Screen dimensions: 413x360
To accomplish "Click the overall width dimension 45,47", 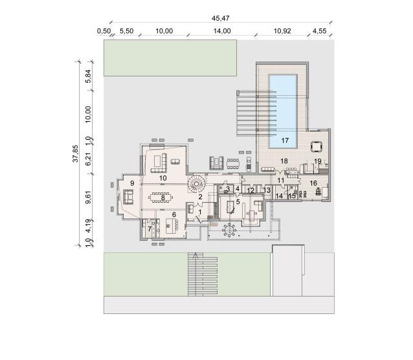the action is tap(221, 18).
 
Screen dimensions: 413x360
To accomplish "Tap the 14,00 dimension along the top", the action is tap(222, 31).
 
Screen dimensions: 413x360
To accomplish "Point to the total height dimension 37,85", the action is tap(76, 153).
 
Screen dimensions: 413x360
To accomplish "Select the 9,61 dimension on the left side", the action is tap(88, 197).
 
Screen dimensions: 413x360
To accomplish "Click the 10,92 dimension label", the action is tap(282, 31).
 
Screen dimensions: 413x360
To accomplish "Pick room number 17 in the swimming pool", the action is tap(285, 141).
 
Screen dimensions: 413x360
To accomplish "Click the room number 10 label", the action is tap(162, 178).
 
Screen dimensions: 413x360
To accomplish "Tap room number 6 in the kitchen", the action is tap(174, 215).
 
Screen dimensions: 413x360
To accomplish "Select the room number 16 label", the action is tap(313, 183).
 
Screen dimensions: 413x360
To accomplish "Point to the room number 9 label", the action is tap(132, 183).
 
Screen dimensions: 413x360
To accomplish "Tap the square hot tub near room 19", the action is tap(317, 147).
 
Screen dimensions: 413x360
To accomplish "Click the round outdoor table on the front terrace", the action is tap(229, 230).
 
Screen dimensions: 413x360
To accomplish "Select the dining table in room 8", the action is tap(161, 197).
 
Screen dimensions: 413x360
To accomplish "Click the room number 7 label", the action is tap(150, 229).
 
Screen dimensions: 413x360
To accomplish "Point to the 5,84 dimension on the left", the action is tap(88, 76).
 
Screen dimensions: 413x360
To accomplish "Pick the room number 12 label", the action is tap(251, 190).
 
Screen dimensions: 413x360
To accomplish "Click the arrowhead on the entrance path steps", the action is tap(195, 255).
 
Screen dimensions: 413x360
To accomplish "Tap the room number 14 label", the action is tap(279, 196).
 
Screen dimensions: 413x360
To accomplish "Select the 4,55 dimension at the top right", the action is tap(319, 31).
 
